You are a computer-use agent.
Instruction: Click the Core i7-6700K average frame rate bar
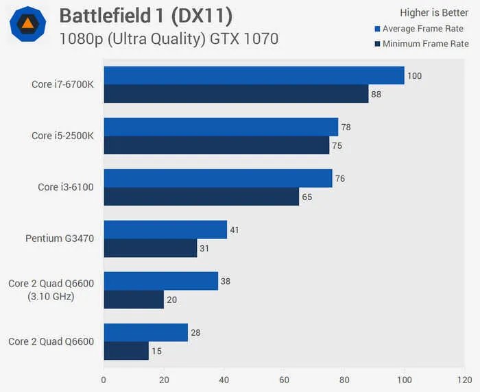(254, 75)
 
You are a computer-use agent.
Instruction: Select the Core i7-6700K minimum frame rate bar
(236, 94)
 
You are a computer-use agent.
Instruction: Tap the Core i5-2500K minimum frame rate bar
(216, 145)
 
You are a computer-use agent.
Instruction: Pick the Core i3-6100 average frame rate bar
(217, 178)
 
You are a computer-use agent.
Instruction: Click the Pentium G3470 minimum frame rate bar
(150, 248)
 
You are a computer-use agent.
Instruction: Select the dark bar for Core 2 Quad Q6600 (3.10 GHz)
(134, 299)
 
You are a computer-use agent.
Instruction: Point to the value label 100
(414, 75)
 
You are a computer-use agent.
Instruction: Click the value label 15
(158, 352)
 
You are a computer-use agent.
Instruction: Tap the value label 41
(235, 230)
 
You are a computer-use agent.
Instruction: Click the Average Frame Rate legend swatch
(377, 29)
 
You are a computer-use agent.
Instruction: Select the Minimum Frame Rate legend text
(425, 44)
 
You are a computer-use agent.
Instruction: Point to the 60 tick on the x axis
(284, 379)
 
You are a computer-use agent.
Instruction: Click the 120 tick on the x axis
(464, 379)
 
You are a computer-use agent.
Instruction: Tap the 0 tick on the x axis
(104, 379)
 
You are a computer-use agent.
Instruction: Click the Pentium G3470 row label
(60, 238)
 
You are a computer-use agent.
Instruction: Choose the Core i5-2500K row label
(62, 136)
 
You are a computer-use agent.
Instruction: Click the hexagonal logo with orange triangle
(28, 24)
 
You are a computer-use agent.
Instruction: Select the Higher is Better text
(434, 12)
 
